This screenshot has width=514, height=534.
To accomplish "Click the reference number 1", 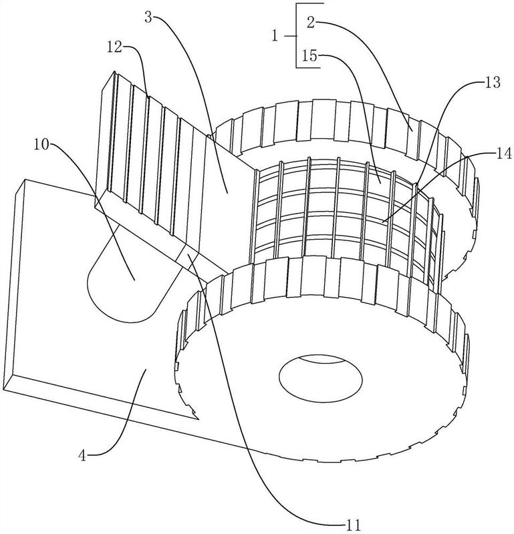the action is click(275, 35).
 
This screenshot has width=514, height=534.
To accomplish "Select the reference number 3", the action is click(148, 17).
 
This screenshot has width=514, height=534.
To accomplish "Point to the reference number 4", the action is click(83, 455).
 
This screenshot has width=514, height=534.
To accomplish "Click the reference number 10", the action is click(41, 145).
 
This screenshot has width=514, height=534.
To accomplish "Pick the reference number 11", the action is click(353, 525).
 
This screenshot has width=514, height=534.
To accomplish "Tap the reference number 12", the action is click(114, 47).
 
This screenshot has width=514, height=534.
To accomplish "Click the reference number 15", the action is click(309, 56).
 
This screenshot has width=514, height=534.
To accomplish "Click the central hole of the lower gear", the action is click(321, 378).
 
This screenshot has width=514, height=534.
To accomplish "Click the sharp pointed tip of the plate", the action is click(199, 419).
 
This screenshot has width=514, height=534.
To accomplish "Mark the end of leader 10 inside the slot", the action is click(134, 280).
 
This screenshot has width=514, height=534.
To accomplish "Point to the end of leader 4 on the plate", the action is click(146, 369).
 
